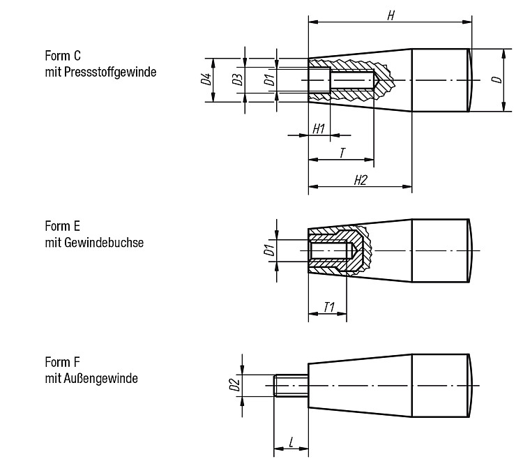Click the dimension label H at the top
[x=391, y=15]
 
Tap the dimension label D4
[x=206, y=79]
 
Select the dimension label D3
[x=238, y=80]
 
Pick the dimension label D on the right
[x=497, y=80]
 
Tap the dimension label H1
[x=319, y=128]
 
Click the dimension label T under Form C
[x=342, y=153]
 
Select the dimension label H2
[x=361, y=180]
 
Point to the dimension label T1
[x=329, y=307]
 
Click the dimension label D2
[x=235, y=385]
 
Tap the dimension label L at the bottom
[x=291, y=443]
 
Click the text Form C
[x=63, y=56]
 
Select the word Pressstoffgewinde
[x=110, y=72]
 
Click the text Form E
[x=62, y=226]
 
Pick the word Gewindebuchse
[x=104, y=243]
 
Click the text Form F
[x=62, y=362]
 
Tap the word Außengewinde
[x=100, y=379]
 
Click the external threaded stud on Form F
[x=291, y=385]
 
